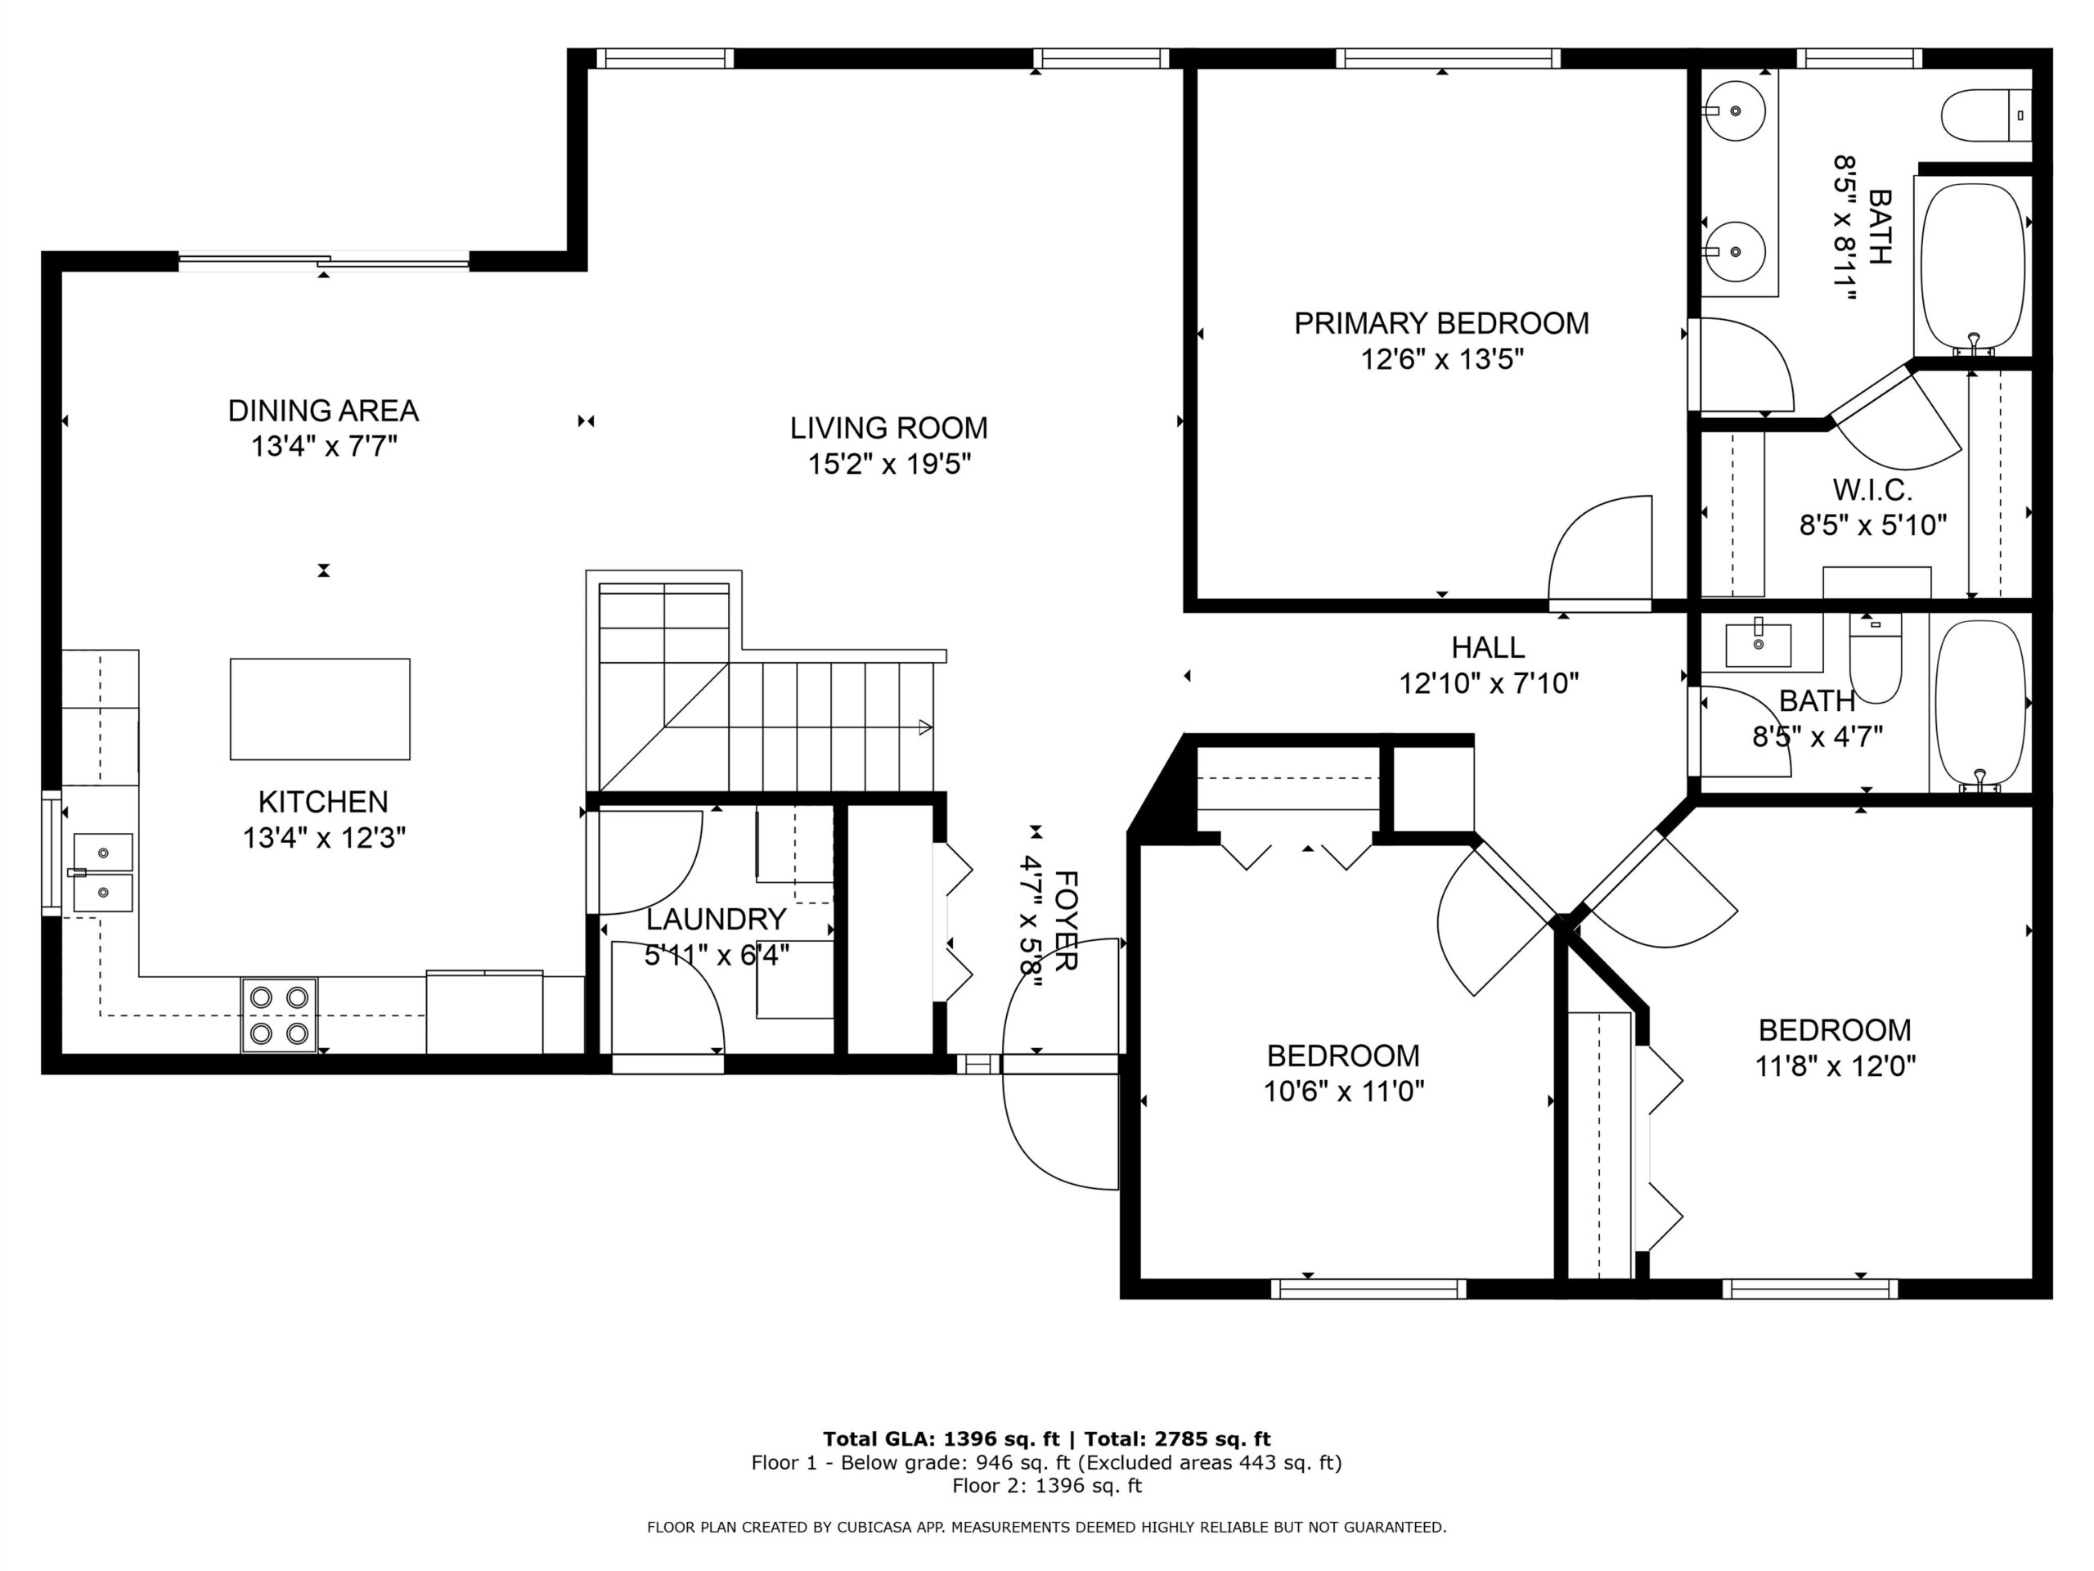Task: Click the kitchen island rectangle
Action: point(320,709)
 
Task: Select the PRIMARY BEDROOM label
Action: point(1440,324)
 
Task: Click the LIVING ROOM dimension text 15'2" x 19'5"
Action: point(889,465)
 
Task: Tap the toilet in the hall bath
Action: point(1876,658)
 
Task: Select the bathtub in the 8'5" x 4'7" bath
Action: point(1979,704)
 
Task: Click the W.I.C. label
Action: point(1872,489)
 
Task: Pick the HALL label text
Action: point(1488,648)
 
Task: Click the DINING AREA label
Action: point(323,411)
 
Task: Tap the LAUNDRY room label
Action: point(716,920)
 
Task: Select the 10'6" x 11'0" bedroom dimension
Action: point(1343,1092)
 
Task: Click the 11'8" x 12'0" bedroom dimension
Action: point(1835,1066)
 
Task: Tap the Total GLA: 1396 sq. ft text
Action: point(946,1439)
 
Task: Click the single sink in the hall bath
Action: point(1758,645)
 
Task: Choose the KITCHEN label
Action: point(323,802)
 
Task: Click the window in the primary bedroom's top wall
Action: point(1448,59)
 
